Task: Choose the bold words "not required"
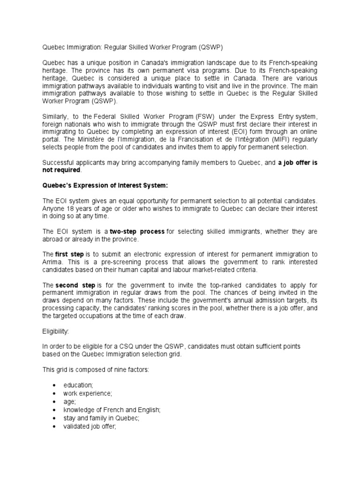click(x=58, y=170)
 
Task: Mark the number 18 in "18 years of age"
click(x=70, y=208)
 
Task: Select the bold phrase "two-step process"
click(x=137, y=232)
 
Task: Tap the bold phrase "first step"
click(x=69, y=254)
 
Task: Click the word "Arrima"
click(x=53, y=262)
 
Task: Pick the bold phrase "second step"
click(x=75, y=285)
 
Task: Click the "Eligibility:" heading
click(x=56, y=331)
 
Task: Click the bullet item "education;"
click(x=78, y=385)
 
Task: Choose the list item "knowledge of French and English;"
click(x=112, y=409)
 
